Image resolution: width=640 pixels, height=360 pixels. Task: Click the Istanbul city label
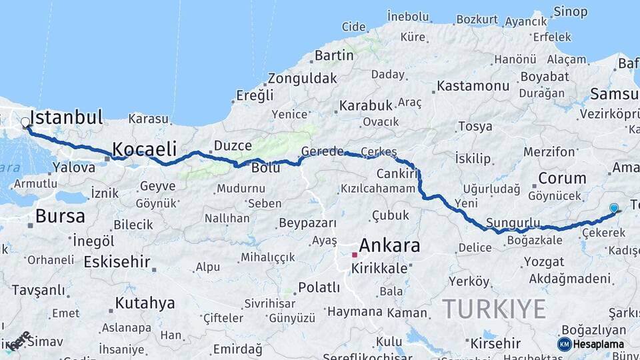coord(66,118)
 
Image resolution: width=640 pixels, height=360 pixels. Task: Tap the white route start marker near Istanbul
coord(25,123)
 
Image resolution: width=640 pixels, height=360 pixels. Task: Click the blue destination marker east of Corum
coord(613,209)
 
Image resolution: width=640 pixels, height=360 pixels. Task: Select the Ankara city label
coord(390,245)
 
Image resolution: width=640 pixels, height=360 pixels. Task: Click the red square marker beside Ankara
coord(355,255)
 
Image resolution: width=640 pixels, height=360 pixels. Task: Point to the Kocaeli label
coord(144,148)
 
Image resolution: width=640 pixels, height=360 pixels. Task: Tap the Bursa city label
coord(60,216)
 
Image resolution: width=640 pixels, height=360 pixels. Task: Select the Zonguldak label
coord(303,78)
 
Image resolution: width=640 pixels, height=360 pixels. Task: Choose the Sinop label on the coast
coord(571,11)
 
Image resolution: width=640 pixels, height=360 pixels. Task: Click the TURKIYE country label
coord(494,309)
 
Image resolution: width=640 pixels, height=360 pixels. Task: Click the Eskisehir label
coord(117,262)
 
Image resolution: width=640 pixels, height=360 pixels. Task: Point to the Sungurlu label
coord(513,222)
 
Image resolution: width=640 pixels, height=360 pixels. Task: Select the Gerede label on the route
coord(322,151)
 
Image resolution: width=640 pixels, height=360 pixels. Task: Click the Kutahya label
coord(145,303)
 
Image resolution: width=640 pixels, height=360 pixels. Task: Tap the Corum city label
coord(562,178)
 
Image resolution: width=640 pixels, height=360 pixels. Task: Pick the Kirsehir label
coord(495,343)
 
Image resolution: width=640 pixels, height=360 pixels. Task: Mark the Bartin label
coord(334,55)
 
